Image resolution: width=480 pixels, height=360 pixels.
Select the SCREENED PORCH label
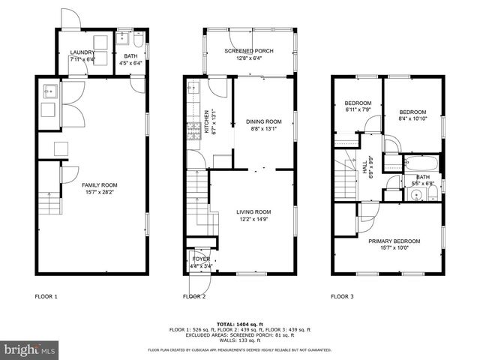tap(249, 51)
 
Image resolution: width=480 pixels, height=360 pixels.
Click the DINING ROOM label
tap(264, 121)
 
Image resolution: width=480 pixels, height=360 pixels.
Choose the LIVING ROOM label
tap(253, 212)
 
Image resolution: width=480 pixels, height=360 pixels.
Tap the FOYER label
tap(201, 259)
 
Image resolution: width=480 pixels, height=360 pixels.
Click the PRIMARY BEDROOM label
tap(394, 241)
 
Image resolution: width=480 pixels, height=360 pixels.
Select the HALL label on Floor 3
tap(365, 172)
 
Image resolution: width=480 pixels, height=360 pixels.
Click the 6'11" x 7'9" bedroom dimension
tap(358, 110)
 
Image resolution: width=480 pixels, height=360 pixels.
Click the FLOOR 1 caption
tap(46, 296)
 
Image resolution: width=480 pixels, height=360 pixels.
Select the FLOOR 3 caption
tap(342, 296)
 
